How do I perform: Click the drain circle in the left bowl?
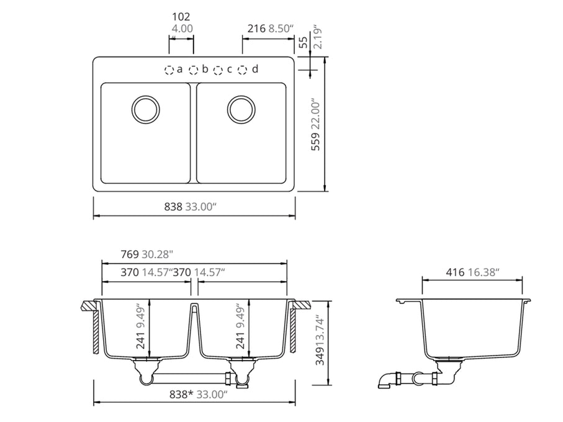click(x=146, y=109)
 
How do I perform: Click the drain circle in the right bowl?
click(x=241, y=109)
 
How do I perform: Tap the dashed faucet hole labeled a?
click(x=169, y=70)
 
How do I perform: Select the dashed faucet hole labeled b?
click(x=194, y=70)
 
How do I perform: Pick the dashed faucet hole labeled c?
click(x=218, y=70)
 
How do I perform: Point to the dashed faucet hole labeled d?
click(x=243, y=70)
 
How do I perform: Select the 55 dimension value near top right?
click(x=304, y=43)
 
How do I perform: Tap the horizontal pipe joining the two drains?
click(x=189, y=377)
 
